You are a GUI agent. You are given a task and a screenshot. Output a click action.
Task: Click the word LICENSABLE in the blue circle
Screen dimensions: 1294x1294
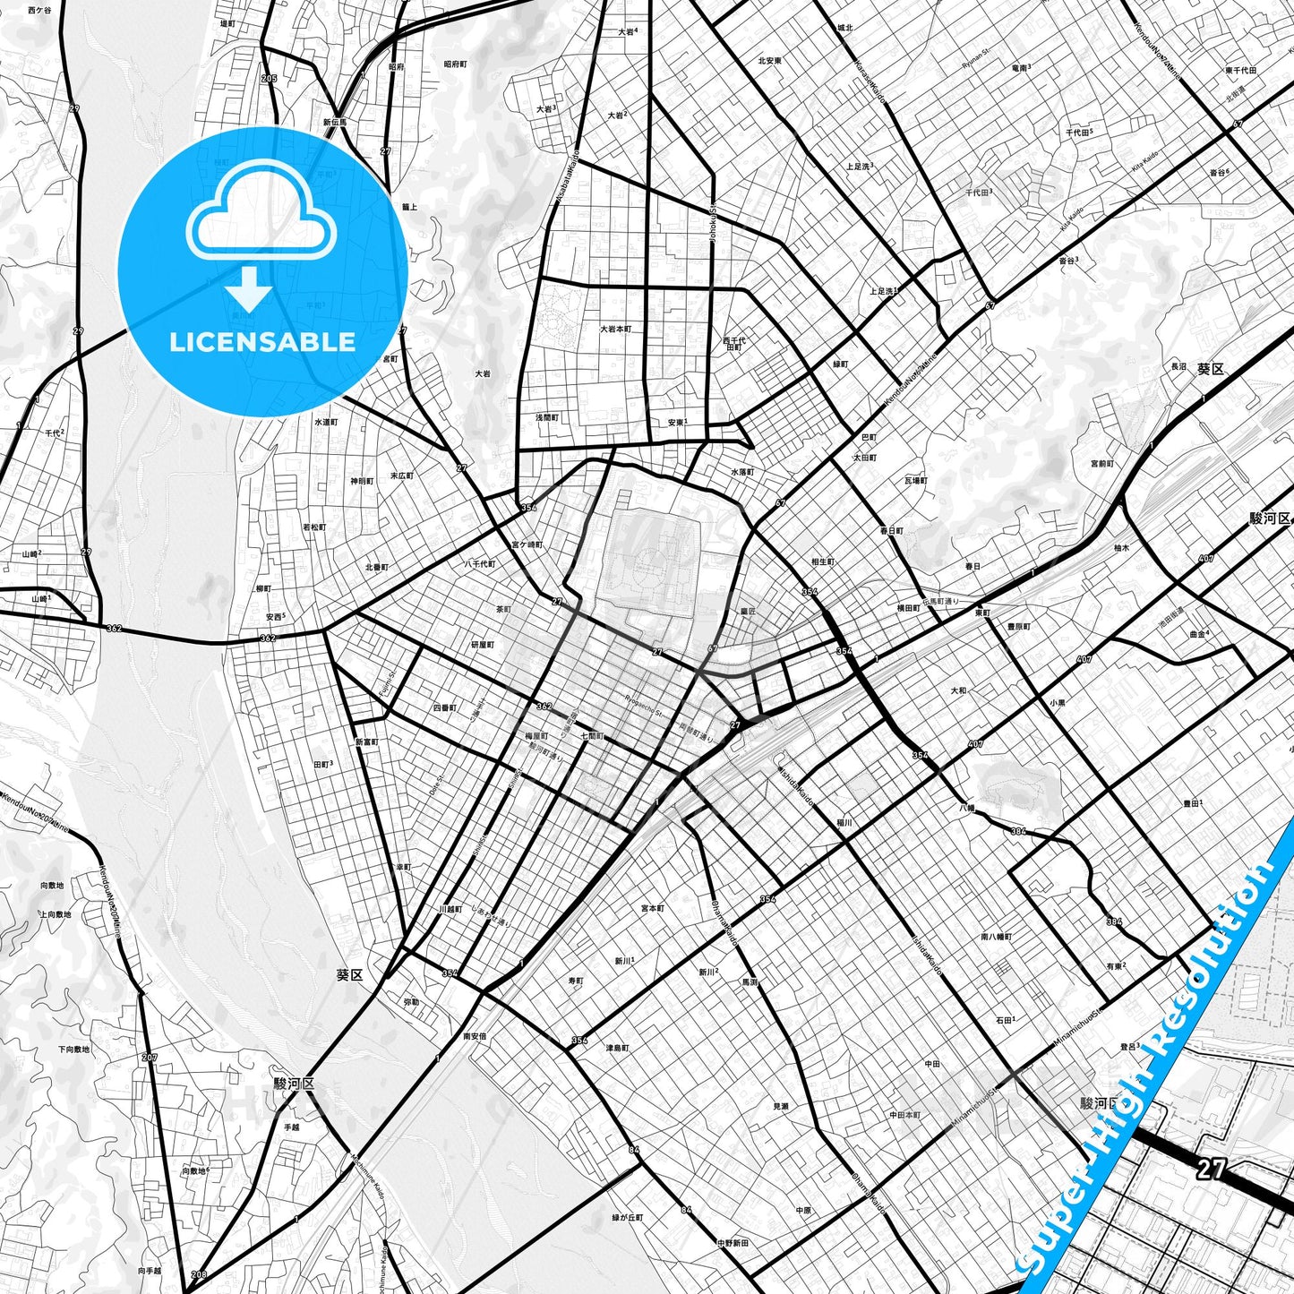[262, 342]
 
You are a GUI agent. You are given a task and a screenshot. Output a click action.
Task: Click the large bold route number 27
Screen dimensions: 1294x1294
[1210, 1169]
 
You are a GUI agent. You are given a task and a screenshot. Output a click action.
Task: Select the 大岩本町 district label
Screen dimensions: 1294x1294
[615, 330]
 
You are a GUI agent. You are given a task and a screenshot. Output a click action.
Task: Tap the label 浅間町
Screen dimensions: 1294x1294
[546, 417]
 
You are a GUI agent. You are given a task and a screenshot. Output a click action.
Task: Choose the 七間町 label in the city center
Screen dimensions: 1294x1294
[592, 736]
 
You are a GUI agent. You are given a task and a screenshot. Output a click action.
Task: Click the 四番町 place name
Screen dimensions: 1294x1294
[445, 707]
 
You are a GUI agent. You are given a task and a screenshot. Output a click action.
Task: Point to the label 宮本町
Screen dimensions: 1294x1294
[653, 908]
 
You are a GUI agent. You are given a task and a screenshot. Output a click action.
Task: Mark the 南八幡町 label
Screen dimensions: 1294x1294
[996, 937]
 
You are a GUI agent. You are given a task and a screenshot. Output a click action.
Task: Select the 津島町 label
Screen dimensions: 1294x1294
[617, 1048]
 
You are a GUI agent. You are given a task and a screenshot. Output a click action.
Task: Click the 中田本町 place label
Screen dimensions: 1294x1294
[904, 1115]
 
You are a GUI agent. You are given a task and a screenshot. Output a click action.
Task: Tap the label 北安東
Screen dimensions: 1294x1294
[769, 61]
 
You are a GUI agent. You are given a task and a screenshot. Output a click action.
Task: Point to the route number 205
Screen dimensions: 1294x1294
[269, 79]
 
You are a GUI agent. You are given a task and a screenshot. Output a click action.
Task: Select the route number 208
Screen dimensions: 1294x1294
[198, 1274]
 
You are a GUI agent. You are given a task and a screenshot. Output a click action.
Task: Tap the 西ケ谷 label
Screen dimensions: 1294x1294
[39, 11]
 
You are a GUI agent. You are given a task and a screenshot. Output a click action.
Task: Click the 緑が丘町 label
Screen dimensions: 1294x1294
[628, 1218]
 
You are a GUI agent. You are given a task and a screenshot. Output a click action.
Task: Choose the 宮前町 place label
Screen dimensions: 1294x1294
[1102, 464]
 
